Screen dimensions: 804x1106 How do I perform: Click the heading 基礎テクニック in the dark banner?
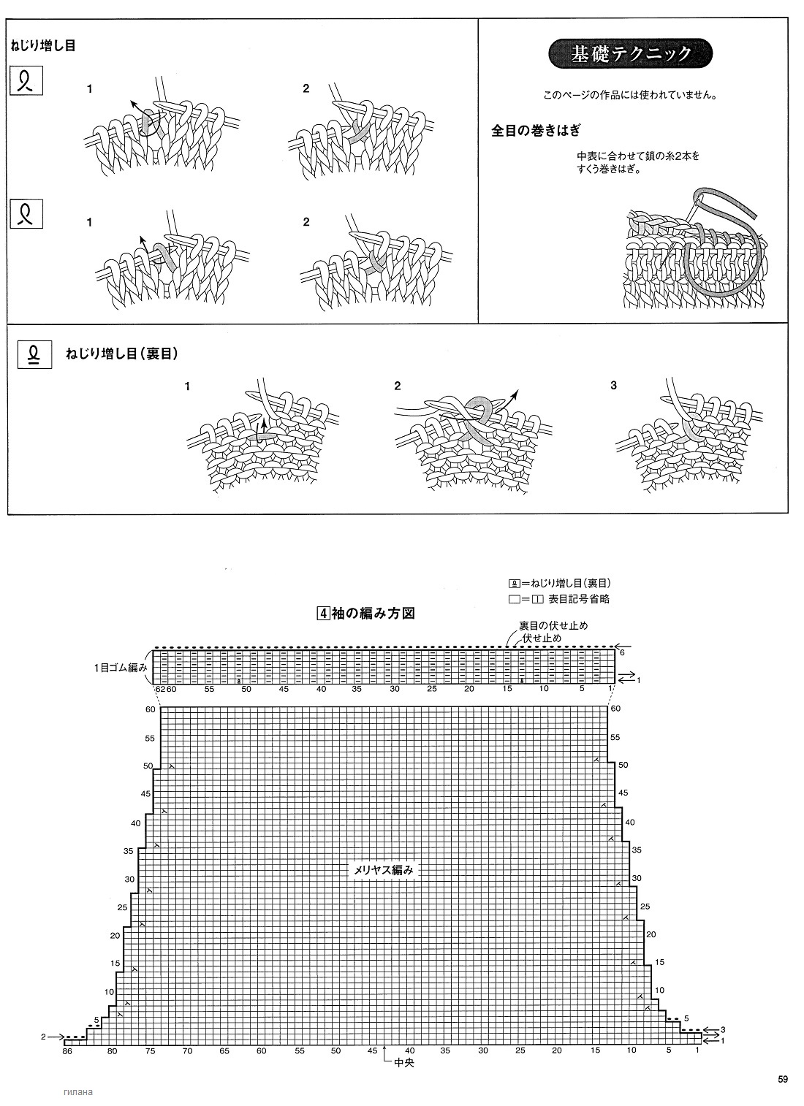point(631,53)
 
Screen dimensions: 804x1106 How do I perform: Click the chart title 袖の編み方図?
point(373,614)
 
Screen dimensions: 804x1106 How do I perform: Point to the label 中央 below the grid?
point(403,1063)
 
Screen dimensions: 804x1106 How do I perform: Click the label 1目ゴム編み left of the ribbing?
point(121,668)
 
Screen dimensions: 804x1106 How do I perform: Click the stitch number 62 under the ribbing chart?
point(160,689)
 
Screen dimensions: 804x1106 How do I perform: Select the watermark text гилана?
point(78,1091)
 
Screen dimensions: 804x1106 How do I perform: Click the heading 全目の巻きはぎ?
point(536,130)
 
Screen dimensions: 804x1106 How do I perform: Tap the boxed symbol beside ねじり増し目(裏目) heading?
point(34,354)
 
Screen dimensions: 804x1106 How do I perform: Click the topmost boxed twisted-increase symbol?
point(27,80)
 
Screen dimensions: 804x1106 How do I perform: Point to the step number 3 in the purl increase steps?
point(614,386)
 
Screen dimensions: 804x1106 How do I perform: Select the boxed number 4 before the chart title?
point(323,614)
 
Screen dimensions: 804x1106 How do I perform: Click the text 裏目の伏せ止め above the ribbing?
point(553,625)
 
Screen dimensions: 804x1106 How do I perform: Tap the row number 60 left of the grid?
point(151,709)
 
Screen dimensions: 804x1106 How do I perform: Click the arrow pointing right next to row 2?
point(57,1037)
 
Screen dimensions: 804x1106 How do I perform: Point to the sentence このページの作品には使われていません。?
point(631,95)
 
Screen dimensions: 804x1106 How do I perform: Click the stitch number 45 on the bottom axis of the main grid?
point(372,1050)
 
